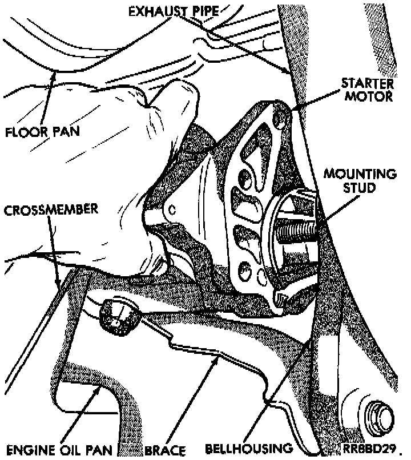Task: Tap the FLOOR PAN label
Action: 43,132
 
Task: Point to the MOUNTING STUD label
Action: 359,180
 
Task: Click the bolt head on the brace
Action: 119,317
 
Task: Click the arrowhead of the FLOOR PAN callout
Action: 53,74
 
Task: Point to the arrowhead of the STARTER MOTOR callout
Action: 295,108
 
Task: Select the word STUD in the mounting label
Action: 360,188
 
